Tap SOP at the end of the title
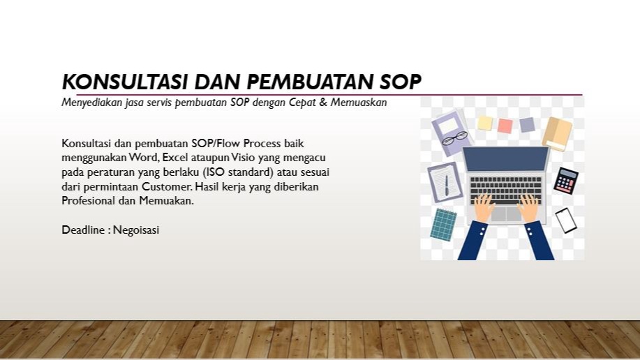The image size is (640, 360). coord(401,82)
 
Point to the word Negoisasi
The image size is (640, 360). coord(136,229)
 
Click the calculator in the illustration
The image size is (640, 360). coord(565,180)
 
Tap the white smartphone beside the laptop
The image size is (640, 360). coord(566,220)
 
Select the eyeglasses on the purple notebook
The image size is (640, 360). coord(454,137)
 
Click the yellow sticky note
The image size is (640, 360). coord(484,123)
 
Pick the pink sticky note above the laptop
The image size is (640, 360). coord(505,126)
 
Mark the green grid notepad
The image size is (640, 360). coord(443,223)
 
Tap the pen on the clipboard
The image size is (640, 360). coord(446,184)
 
